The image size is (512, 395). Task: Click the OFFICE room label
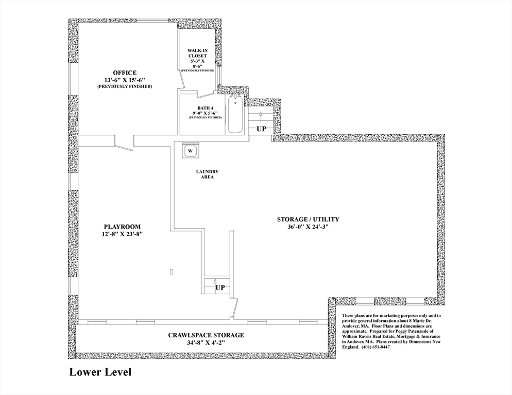[125, 73]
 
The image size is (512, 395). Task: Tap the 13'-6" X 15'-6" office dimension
[125, 80]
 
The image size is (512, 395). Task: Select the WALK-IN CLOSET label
[197, 53]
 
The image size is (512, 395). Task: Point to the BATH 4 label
[205, 107]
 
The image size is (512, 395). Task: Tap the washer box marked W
[190, 151]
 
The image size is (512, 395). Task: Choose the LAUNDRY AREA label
[207, 174]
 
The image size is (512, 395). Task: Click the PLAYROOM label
[122, 226]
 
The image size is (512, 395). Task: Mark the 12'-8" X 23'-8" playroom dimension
[122, 234]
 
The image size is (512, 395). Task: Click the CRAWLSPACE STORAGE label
[206, 335]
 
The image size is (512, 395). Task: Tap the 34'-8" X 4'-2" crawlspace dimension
[206, 343]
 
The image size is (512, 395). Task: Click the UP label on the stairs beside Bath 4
[262, 129]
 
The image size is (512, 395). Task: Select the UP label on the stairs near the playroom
[220, 288]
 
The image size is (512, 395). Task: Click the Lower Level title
[100, 372]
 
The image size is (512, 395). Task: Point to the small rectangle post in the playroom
[172, 271]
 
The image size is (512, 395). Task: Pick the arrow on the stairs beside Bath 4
[261, 114]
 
